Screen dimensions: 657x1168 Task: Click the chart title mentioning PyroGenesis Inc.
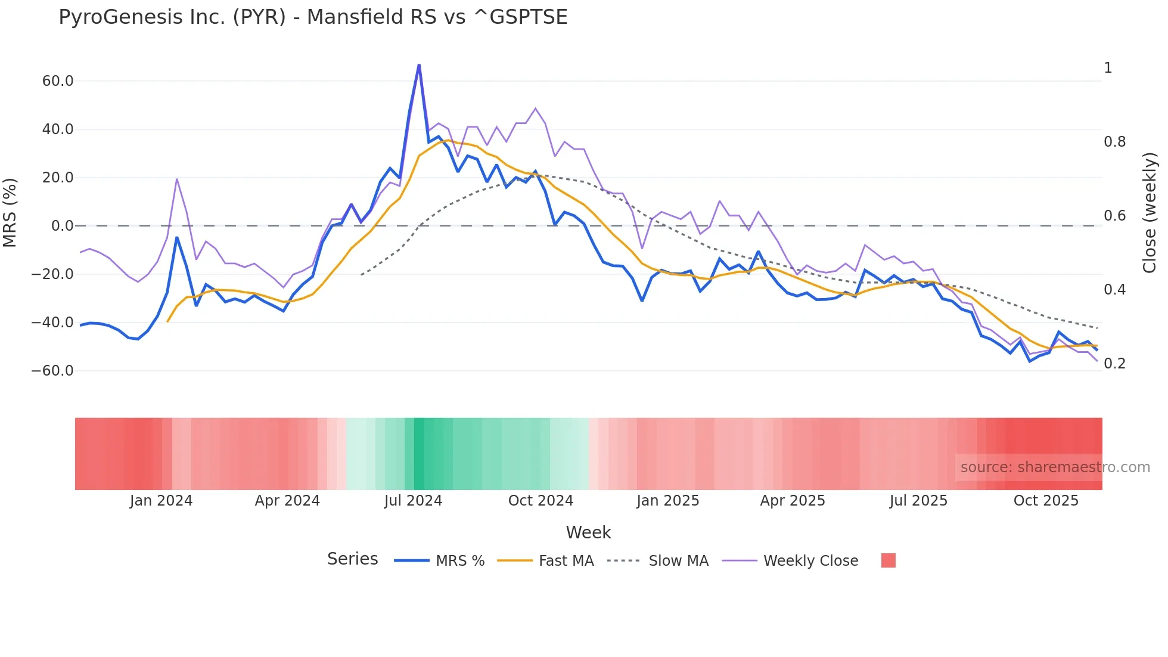(x=313, y=17)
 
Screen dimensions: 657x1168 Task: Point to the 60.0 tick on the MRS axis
(x=58, y=81)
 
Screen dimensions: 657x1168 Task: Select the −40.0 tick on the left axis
(x=52, y=323)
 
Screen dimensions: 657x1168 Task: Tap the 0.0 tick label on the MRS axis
(x=63, y=226)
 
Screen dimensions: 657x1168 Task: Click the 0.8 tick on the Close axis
(x=1114, y=142)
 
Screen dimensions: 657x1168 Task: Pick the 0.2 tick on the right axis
(x=1114, y=364)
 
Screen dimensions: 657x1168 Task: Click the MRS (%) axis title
(x=10, y=212)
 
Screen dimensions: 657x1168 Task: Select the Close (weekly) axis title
(x=1150, y=212)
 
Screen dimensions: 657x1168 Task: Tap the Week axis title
(x=588, y=532)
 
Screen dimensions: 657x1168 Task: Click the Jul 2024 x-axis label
(x=413, y=501)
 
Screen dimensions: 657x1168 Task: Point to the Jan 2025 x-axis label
(x=667, y=501)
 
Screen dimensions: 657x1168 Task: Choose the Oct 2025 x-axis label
(x=1046, y=501)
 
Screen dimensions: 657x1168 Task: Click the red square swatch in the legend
(x=888, y=560)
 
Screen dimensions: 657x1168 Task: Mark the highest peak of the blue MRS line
(x=419, y=65)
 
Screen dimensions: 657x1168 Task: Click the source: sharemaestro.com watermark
(x=1055, y=467)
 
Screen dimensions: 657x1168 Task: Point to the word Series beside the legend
(x=352, y=559)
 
